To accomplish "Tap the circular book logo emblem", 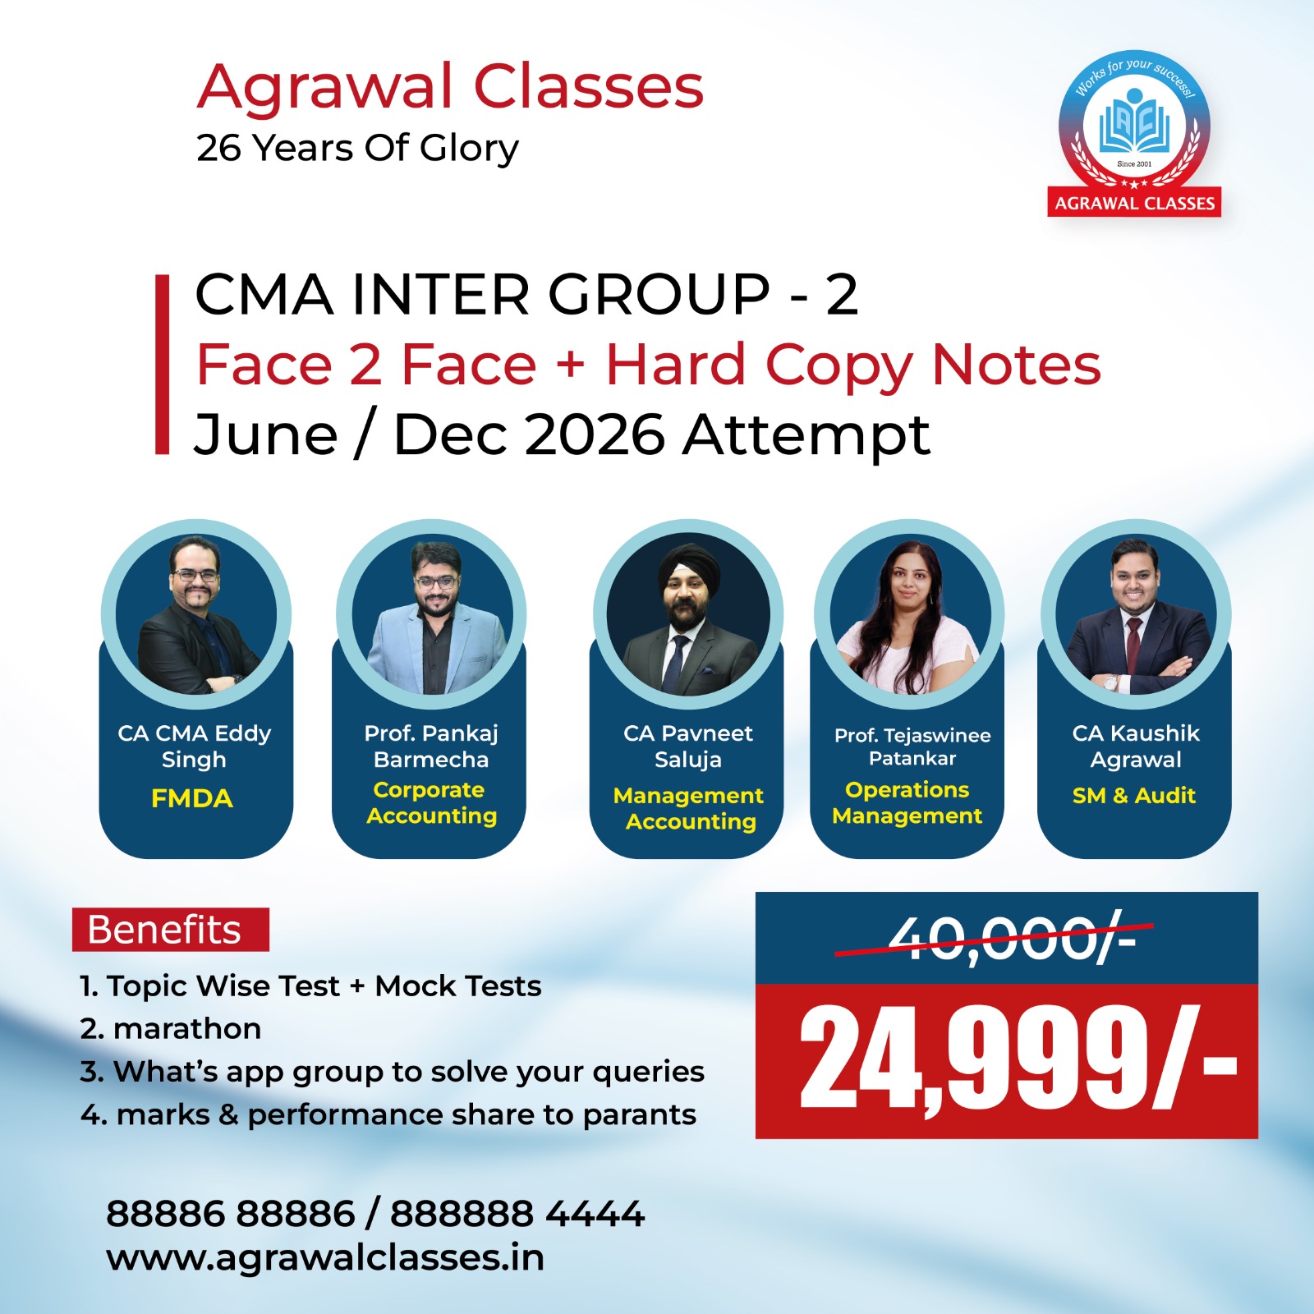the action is (x=1134, y=127).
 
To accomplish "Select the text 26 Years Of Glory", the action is (x=357, y=149).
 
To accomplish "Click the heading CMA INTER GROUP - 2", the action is (x=526, y=294).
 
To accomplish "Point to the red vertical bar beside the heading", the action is (x=163, y=364).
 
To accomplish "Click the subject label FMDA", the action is (x=192, y=798).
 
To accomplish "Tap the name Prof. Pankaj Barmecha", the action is (x=431, y=746).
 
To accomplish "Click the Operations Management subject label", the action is (x=907, y=802).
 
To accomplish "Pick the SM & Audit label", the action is (x=1134, y=795).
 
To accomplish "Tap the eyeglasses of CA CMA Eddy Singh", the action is (x=195, y=575).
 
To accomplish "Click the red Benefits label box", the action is (x=171, y=930).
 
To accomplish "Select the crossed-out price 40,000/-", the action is (x=1013, y=938).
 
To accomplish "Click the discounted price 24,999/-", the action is (x=1018, y=1059).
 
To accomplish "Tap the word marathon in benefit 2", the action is (x=187, y=1029).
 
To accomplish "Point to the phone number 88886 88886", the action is (x=231, y=1214).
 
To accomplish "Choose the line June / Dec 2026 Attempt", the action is (x=562, y=434).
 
